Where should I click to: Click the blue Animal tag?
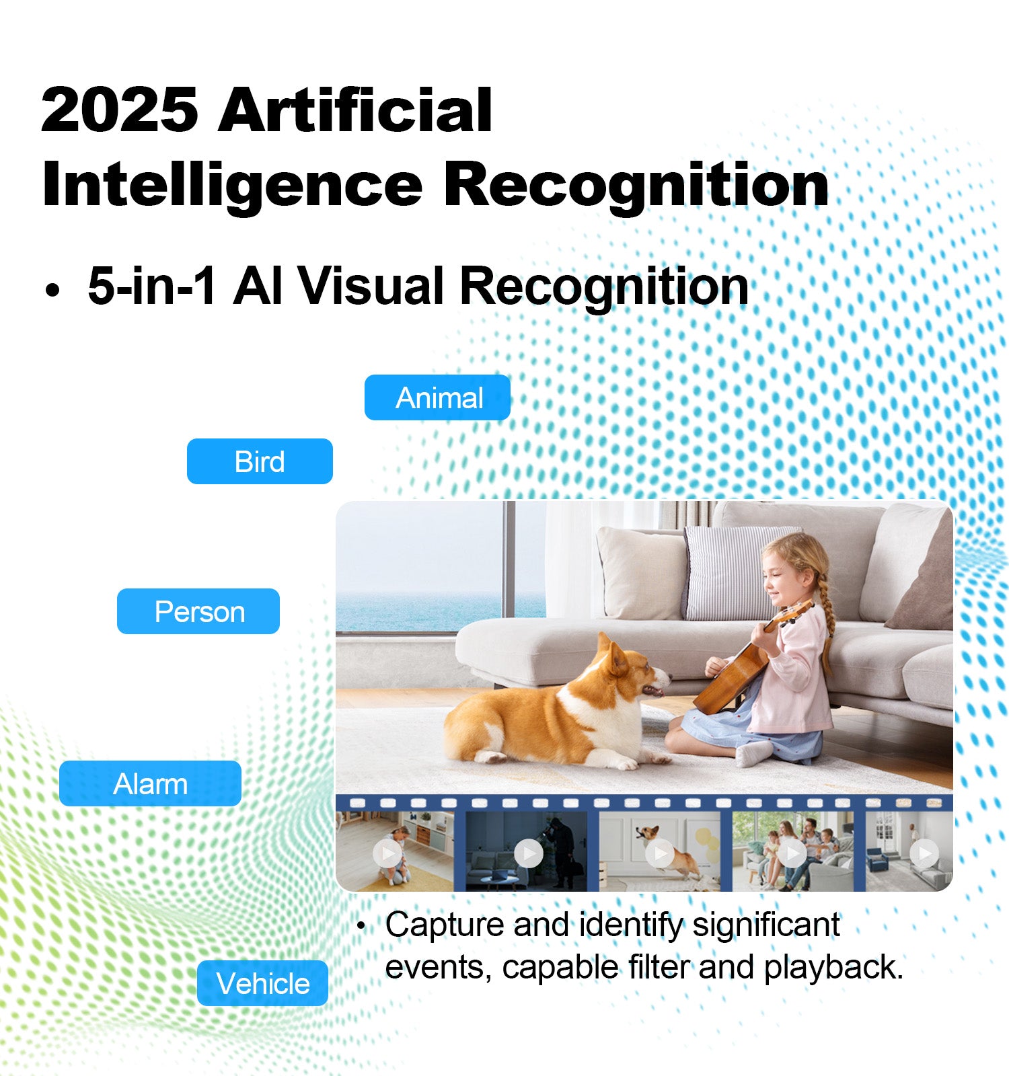(x=437, y=397)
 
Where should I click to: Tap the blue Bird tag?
(x=260, y=461)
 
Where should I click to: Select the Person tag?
(x=198, y=611)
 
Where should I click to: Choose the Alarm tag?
(x=150, y=783)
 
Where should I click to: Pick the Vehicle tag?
(x=262, y=983)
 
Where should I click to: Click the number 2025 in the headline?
(x=120, y=110)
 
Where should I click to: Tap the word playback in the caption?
(x=833, y=968)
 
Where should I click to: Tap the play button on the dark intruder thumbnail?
(x=529, y=853)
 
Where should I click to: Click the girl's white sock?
(x=753, y=753)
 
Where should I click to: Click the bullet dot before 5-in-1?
(x=52, y=291)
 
